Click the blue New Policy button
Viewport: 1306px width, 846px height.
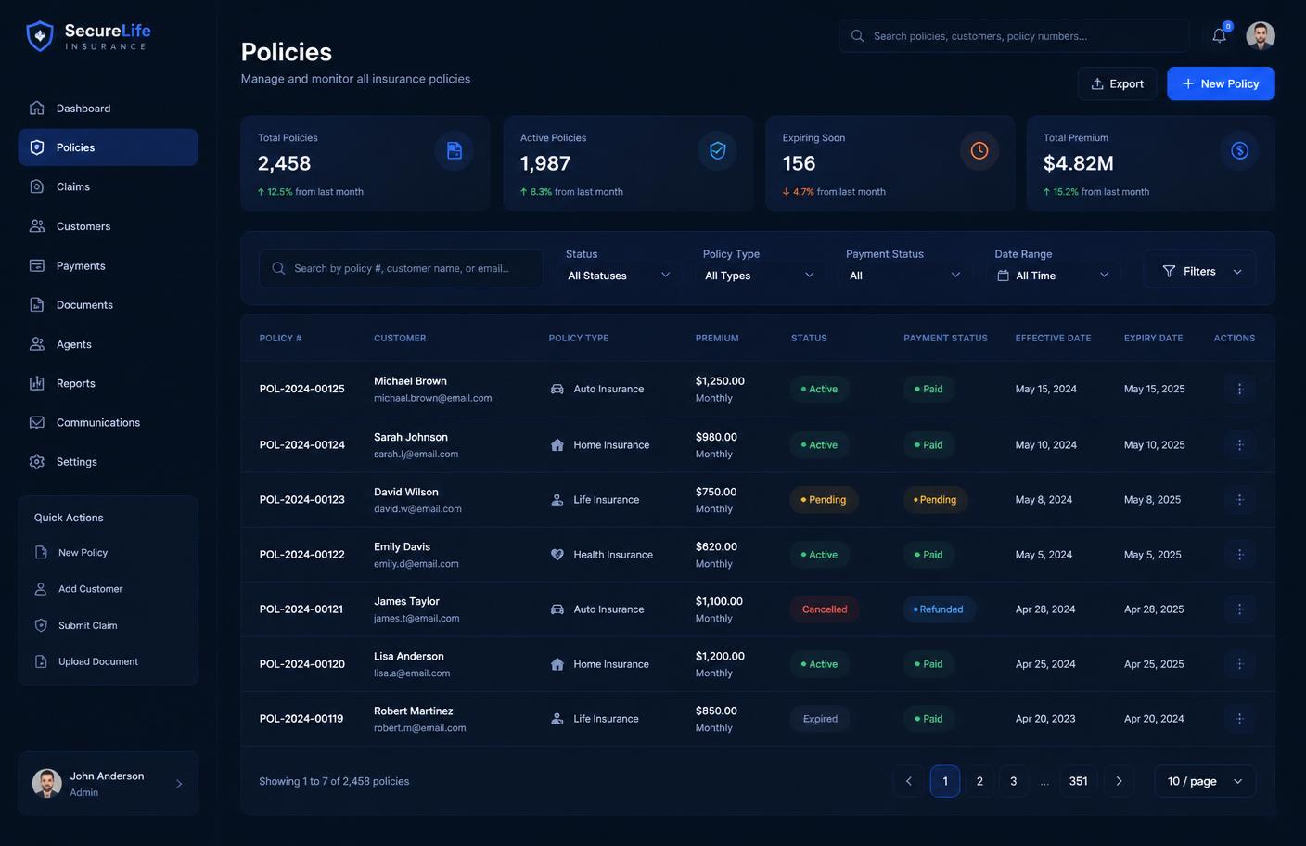point(1221,83)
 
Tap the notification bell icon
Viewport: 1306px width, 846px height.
point(1219,35)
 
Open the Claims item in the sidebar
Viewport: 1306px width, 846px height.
point(73,186)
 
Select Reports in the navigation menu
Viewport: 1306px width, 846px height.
point(76,383)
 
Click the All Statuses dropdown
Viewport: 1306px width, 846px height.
point(619,276)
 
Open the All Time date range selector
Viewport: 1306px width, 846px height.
point(1053,276)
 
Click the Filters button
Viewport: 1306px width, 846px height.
point(1201,271)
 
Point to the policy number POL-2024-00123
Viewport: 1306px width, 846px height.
point(302,500)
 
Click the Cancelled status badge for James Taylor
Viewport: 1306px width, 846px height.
point(825,609)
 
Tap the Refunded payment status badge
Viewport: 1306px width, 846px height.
point(938,609)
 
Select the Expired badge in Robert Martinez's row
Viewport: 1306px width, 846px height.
point(820,719)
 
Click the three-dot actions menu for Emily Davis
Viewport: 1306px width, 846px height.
point(1239,555)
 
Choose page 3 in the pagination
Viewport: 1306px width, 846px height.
point(1013,781)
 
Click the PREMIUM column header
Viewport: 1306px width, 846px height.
point(717,339)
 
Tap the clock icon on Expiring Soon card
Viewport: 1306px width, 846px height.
point(979,151)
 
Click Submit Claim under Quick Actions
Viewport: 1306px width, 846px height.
point(87,625)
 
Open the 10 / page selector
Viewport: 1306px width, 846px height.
point(1205,781)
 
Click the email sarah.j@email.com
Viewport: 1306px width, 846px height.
point(416,455)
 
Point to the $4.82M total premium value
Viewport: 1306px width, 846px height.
point(1078,163)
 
